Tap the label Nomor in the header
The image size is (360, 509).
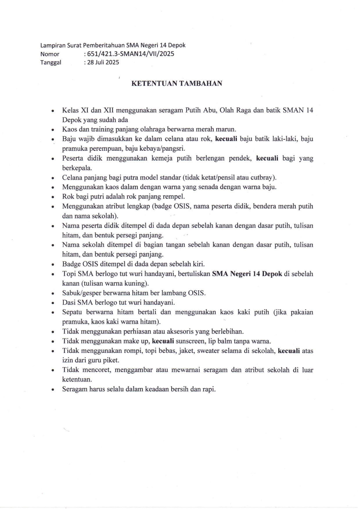pyautogui.click(x=50, y=54)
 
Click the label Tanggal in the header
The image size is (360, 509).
pyautogui.click(x=51, y=62)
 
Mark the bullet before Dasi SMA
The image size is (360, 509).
pyautogui.click(x=53, y=303)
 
